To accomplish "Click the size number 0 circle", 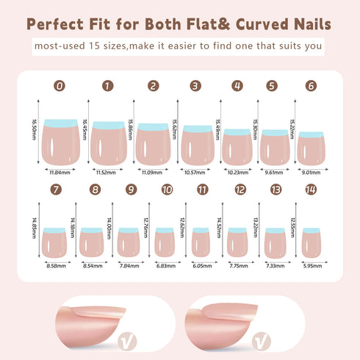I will click(60, 86).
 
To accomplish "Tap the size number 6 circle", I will click(311, 86).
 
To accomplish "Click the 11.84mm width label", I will click(59, 172).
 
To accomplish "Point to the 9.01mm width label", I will click(310, 172).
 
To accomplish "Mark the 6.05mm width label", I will click(201, 264).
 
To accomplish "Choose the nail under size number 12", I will click(236, 242).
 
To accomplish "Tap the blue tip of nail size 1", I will click(108, 125).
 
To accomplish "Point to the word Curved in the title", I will click(262, 24).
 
